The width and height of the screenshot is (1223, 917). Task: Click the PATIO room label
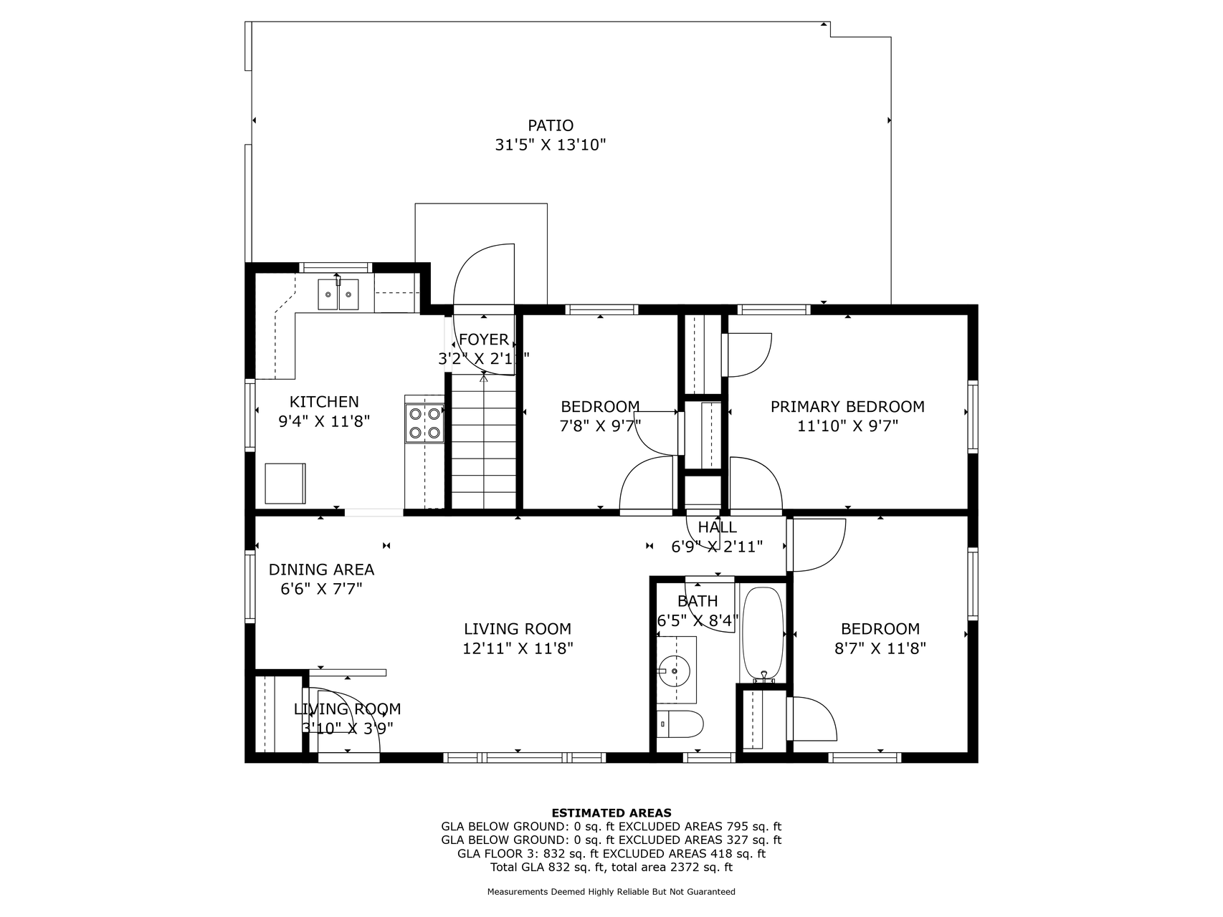(551, 126)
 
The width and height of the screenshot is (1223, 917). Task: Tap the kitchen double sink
(339, 294)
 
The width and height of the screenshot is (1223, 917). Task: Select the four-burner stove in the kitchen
(424, 423)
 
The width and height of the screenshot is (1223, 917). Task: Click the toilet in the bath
(680, 724)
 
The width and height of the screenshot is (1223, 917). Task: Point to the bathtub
(763, 634)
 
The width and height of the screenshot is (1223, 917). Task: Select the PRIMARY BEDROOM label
(847, 407)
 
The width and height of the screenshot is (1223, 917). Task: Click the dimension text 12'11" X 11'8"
(518, 648)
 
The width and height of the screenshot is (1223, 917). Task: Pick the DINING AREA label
(321, 570)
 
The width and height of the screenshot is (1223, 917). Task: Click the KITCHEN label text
(324, 402)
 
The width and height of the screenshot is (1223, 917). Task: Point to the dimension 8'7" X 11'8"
(880, 648)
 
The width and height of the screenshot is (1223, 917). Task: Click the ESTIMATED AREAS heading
(611, 812)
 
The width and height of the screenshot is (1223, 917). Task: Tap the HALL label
(717, 527)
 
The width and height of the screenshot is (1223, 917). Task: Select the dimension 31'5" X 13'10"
(551, 145)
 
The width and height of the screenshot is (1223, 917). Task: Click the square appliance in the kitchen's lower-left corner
(285, 484)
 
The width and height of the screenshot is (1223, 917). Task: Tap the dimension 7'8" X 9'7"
(600, 426)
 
